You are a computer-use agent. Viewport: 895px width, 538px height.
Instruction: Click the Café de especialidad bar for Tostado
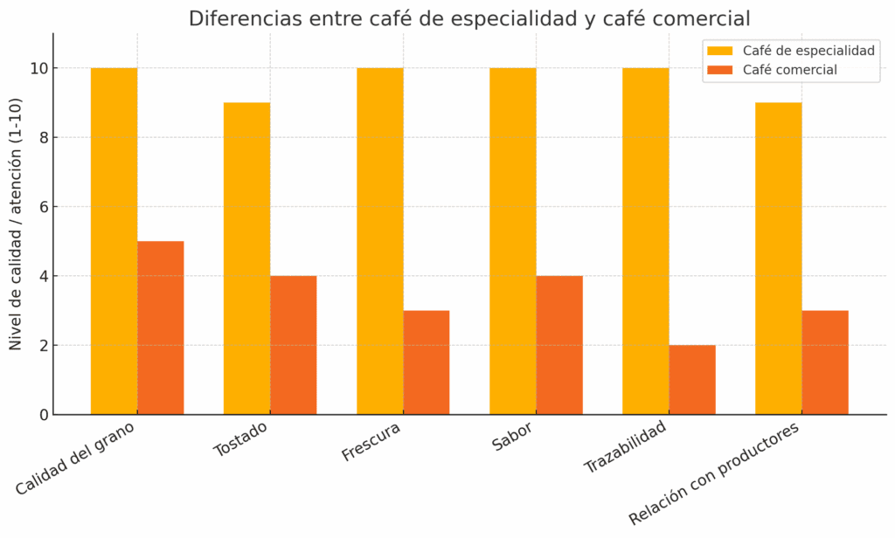tap(246, 259)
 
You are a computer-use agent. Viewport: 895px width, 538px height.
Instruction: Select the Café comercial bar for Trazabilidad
tap(692, 380)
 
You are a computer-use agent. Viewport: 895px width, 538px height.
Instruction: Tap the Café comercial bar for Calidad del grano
tap(161, 328)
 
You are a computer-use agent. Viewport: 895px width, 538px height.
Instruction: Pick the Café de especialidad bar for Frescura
tap(379, 241)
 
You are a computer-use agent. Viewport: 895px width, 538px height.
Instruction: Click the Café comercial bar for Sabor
tap(559, 345)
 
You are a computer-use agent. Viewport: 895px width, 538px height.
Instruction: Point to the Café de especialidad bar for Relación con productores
tap(779, 259)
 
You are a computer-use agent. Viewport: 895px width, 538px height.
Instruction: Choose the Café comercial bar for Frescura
tap(427, 362)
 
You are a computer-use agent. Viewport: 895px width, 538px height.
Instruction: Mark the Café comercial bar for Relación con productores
tap(825, 362)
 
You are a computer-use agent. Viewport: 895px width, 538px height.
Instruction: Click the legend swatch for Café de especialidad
tap(720, 51)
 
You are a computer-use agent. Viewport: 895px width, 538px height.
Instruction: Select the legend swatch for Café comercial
tap(720, 70)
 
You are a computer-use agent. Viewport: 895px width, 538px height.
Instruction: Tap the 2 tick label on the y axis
tap(43, 345)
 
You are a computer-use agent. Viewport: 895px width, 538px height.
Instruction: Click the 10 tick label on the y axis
tap(39, 68)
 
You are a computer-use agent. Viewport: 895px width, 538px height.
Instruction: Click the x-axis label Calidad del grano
tap(80, 459)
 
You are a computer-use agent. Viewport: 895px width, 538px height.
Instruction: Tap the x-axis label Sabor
tap(512, 437)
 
